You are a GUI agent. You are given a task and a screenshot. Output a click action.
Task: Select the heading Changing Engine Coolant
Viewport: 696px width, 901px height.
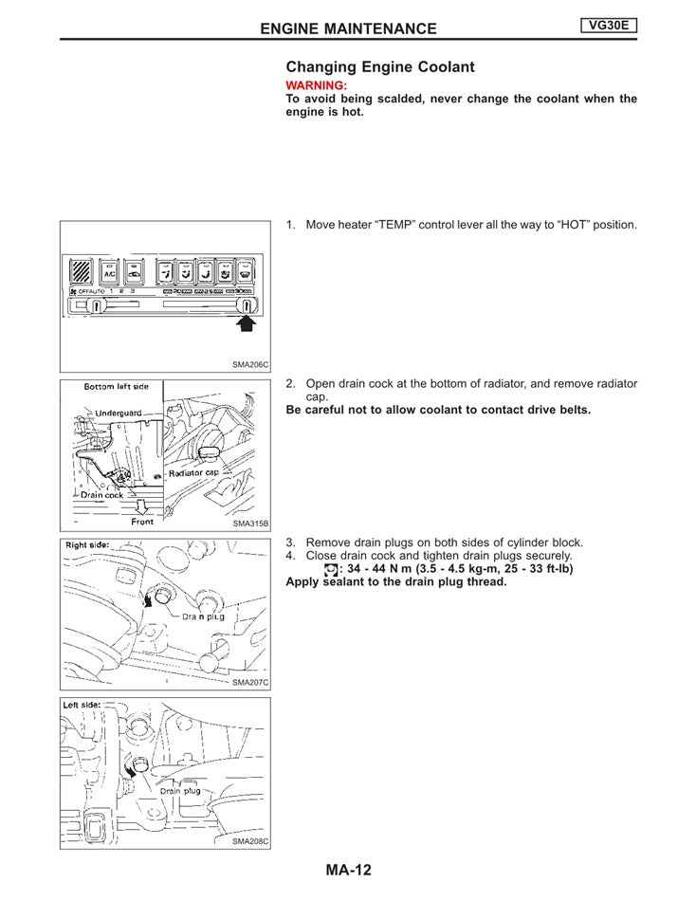(x=380, y=67)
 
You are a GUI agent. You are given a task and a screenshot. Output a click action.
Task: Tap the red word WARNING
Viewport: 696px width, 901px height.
(x=316, y=85)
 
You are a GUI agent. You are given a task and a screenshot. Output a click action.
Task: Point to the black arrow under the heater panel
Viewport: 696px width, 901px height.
(x=247, y=325)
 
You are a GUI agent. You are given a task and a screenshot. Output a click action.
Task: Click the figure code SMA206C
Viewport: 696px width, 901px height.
(x=251, y=364)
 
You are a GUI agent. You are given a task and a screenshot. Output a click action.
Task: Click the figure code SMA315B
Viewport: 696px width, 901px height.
(x=251, y=523)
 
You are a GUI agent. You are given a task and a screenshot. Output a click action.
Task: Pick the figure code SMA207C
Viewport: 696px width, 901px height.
(x=251, y=682)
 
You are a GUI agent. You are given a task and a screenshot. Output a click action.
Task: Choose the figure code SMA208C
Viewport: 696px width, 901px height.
(x=251, y=840)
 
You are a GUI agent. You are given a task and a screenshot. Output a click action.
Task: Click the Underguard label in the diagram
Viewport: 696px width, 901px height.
(x=119, y=413)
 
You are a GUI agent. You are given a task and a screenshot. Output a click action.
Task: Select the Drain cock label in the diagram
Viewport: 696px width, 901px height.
(x=101, y=494)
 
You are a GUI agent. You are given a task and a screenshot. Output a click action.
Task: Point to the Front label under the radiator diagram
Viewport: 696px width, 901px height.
(x=141, y=522)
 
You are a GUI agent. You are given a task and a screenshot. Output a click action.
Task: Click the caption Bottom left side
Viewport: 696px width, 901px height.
(x=117, y=387)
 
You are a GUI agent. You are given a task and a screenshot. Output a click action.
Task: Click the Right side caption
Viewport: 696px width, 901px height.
(x=87, y=545)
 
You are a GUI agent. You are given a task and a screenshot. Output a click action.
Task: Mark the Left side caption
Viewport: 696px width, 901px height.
(x=83, y=705)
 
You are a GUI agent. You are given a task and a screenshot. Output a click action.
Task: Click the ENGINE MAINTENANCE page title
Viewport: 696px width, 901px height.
(x=348, y=28)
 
